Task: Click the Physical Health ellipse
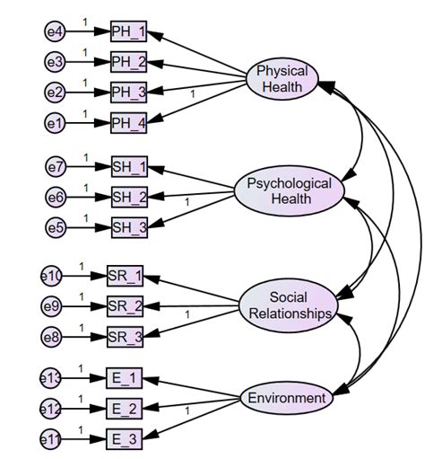[282, 79]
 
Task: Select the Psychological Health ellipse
[289, 191]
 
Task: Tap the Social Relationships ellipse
[289, 305]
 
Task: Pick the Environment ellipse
[287, 398]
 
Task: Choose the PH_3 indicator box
[128, 92]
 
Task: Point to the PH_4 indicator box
[128, 121]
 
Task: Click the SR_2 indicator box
[125, 307]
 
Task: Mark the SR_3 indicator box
[125, 338]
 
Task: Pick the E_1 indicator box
[125, 379]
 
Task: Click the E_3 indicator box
[125, 439]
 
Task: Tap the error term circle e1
[56, 121]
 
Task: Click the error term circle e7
[56, 166]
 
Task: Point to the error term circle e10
[52, 277]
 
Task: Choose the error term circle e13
[52, 379]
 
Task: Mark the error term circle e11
[52, 439]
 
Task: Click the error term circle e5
[56, 227]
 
